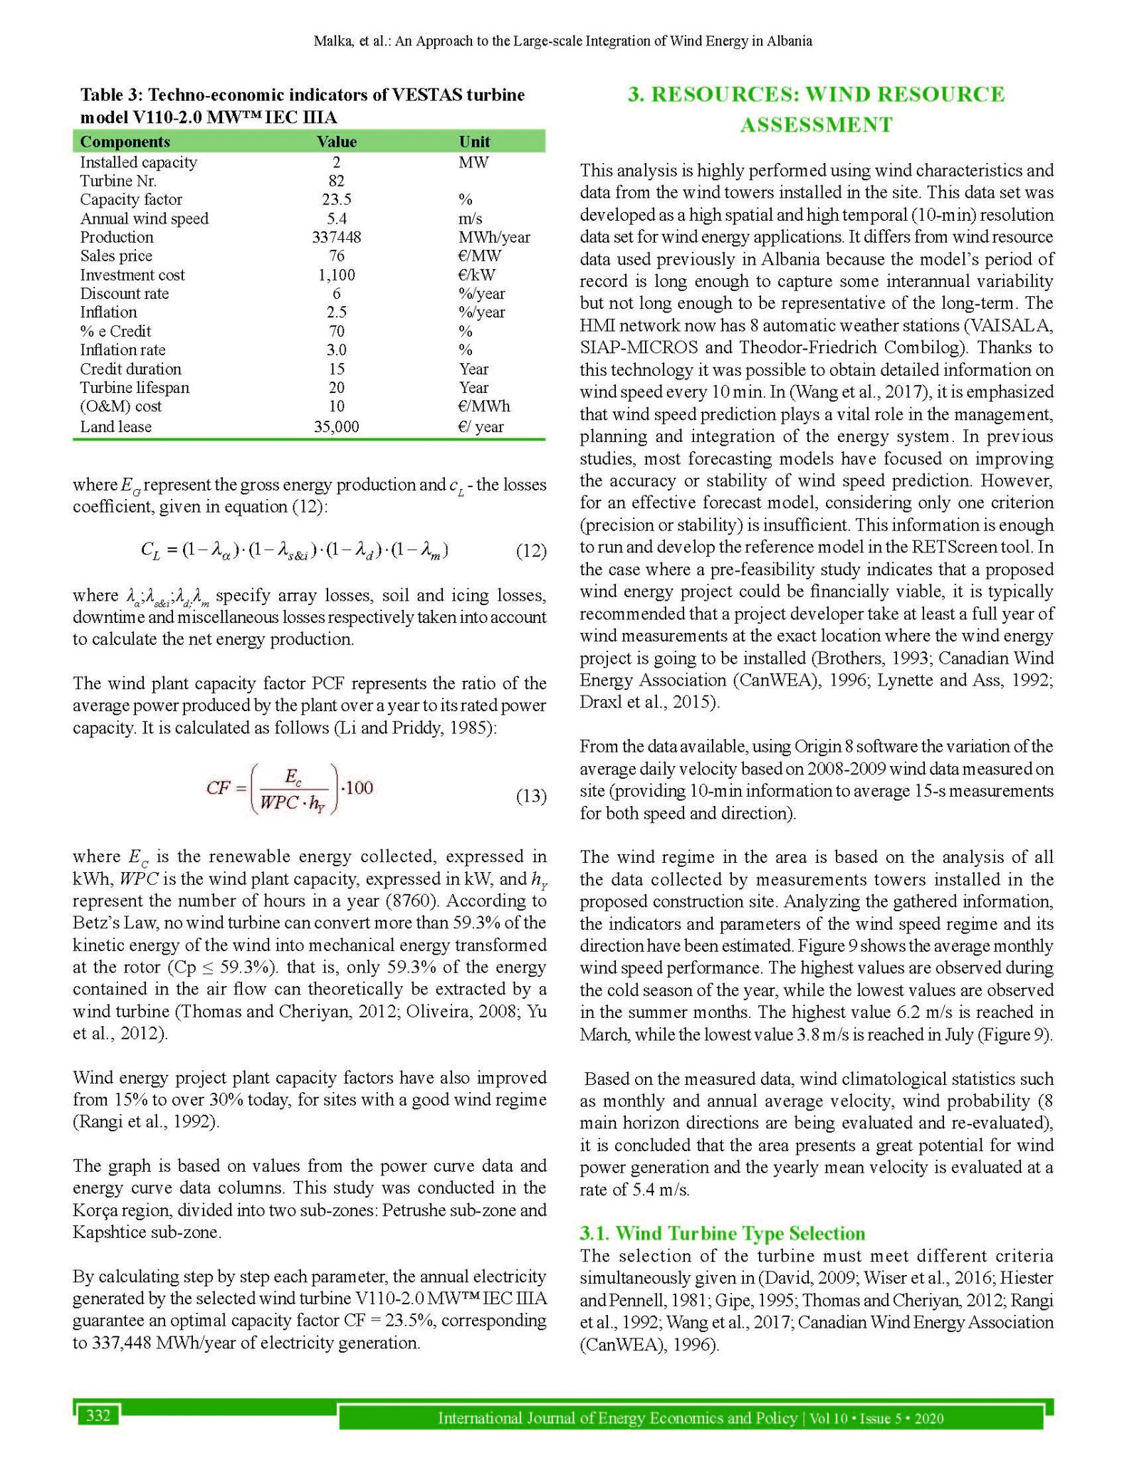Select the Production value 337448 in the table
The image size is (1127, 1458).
337,237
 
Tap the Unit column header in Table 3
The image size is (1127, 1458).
474,142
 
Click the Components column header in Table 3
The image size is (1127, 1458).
125,142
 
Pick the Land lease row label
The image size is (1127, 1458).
115,426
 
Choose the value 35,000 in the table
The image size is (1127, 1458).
337,426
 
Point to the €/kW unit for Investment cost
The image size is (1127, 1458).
476,275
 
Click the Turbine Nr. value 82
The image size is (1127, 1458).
337,181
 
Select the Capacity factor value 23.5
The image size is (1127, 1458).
337,199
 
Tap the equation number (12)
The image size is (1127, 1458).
530,551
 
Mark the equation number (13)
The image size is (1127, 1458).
530,796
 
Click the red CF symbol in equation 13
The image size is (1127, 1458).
217,787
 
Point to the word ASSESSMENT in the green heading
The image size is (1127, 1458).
816,125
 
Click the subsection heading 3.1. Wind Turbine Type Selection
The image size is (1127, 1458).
723,1233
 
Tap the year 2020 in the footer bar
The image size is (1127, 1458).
929,1418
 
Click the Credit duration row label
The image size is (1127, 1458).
130,369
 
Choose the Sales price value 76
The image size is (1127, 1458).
337,256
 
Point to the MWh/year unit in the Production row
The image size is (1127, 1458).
494,237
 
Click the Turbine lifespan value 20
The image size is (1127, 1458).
337,387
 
